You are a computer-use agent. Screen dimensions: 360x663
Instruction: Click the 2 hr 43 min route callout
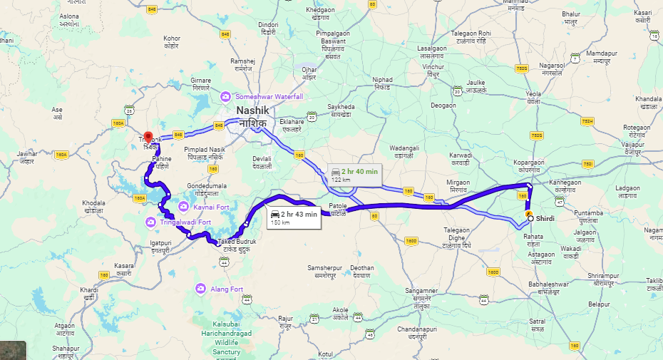click(293, 217)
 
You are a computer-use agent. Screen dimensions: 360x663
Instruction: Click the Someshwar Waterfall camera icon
click(225, 96)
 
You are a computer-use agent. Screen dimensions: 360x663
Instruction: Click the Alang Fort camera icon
click(202, 289)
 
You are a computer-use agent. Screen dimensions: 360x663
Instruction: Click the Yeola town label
click(533, 97)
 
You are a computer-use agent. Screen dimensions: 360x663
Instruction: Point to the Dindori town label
click(267, 29)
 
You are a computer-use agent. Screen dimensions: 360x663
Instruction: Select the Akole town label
click(340, 314)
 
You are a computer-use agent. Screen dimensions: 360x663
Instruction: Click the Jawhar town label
click(28, 157)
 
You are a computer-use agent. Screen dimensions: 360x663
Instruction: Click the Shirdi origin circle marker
click(530, 218)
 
